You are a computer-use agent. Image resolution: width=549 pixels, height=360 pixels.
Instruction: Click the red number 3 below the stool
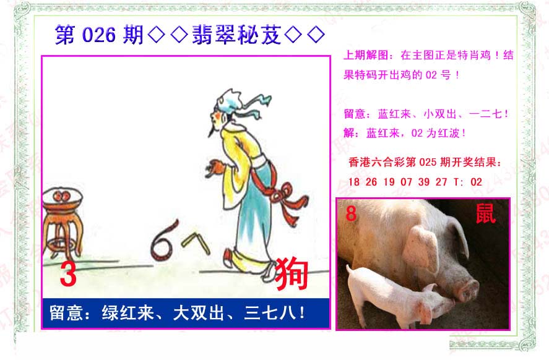tap(68, 275)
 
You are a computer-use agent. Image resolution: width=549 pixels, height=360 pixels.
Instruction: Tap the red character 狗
tap(292, 274)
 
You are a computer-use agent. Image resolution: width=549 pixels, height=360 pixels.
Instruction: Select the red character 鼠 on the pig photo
tap(486, 213)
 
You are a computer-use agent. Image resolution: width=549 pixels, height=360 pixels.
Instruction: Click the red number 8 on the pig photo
tap(351, 213)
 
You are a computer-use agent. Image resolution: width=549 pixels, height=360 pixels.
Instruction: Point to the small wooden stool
tap(63, 224)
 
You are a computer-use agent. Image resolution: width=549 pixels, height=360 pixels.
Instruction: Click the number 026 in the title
tap(99, 35)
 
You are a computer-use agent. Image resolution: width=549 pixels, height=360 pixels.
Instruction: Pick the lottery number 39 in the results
tap(423, 182)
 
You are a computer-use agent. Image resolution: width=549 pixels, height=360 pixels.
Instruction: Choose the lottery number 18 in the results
tap(354, 182)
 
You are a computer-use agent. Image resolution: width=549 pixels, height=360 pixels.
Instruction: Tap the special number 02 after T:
tap(476, 182)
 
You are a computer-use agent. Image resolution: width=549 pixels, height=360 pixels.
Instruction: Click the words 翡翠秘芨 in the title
tap(236, 35)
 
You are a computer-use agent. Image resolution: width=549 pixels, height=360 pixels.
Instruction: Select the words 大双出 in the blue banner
tap(199, 312)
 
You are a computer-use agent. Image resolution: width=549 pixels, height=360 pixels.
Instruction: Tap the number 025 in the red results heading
tap(428, 162)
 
